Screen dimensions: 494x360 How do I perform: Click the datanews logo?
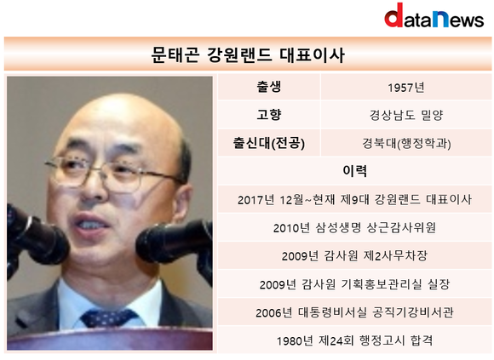434,15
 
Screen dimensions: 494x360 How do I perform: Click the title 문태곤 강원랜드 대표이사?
248,54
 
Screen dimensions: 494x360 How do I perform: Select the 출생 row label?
269,87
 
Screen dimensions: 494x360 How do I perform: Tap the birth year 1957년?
405,87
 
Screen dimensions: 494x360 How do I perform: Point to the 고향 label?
269,115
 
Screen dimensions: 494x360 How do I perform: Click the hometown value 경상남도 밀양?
406,115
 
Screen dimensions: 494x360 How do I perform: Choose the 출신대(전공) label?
269,143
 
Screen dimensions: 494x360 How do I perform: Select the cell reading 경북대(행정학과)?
406,144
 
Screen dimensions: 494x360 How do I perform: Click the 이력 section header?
354,171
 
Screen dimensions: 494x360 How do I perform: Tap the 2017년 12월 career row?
354,199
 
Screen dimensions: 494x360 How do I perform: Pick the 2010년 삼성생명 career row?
354,227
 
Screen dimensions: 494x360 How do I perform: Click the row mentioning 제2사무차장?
354,256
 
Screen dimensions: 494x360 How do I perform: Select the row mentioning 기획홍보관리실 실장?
354,284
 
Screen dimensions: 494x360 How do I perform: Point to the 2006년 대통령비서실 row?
354,312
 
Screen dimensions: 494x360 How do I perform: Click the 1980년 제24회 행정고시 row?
354,340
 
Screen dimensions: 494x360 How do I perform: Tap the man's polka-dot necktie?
109,317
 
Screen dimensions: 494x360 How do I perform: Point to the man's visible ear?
182,203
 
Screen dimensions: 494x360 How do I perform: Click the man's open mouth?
91,224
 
